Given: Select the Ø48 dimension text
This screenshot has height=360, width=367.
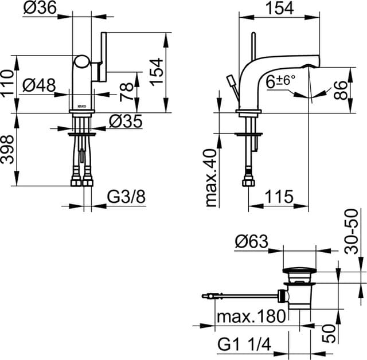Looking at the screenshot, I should coord(40,85).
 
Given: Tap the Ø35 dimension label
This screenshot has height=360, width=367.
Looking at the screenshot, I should coord(125,121).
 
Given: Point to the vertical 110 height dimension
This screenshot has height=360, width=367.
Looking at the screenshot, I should coord(7,84).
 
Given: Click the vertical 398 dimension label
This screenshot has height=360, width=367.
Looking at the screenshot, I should coord(7,149).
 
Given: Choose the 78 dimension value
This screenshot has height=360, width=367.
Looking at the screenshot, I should coord(127,90).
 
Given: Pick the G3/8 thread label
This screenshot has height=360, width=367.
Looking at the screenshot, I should coord(126,198).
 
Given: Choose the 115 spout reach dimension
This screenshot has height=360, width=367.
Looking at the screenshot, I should coord(279,197).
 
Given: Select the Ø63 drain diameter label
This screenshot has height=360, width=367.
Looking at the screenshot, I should coord(251,242).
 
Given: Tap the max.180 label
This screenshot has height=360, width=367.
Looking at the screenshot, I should coord(251,315).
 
